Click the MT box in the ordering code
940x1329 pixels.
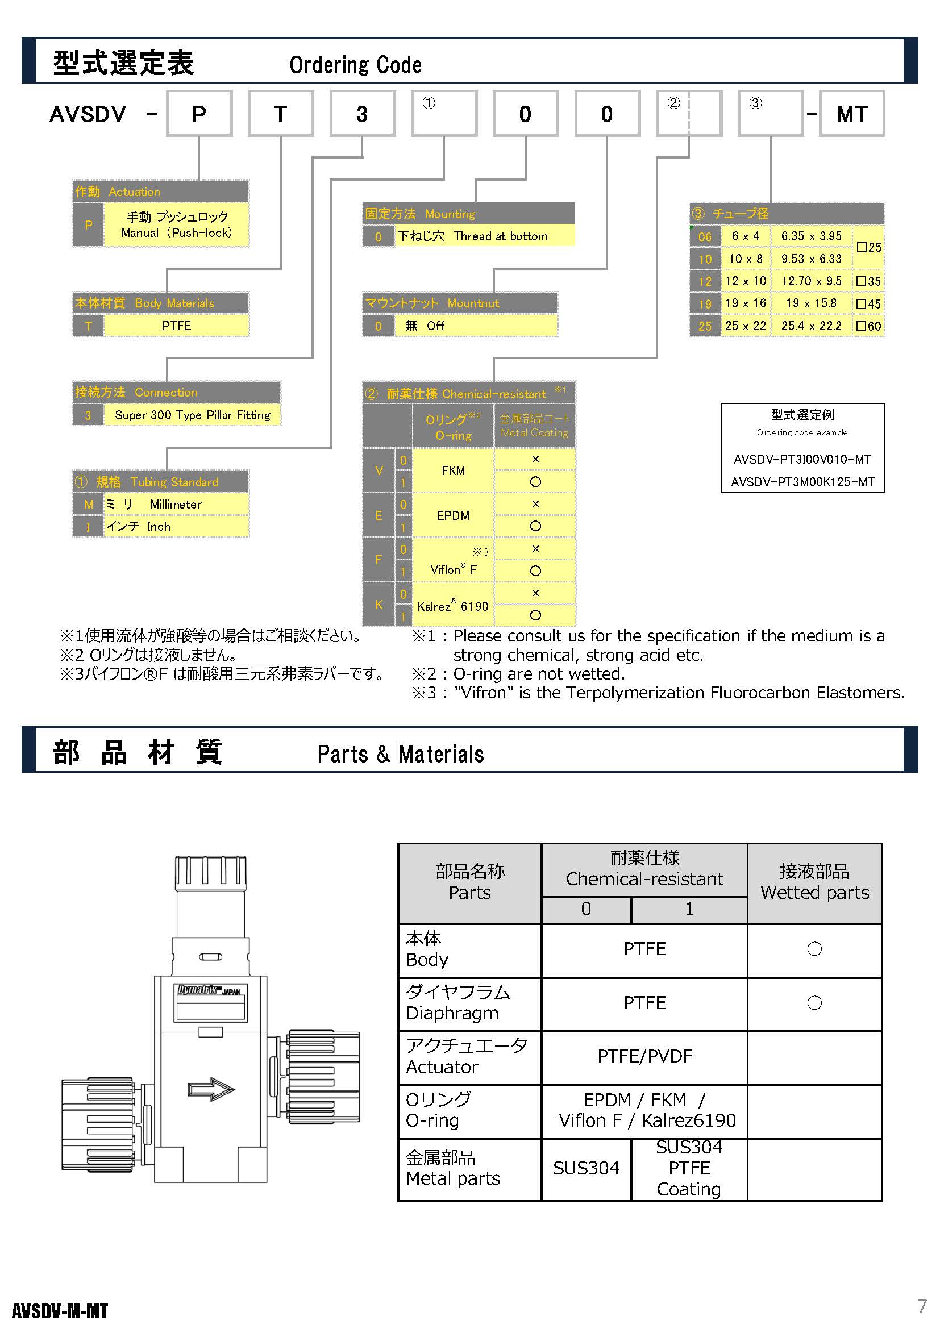pyautogui.click(x=851, y=114)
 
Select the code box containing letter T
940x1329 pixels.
pyautogui.click(x=281, y=114)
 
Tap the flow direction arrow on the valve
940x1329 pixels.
pyautogui.click(x=211, y=1089)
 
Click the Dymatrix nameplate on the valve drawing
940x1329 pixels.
pyautogui.click(x=211, y=1002)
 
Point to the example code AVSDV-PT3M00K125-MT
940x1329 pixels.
pyautogui.click(x=802, y=482)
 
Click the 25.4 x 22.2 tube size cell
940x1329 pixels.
pyautogui.click(x=811, y=326)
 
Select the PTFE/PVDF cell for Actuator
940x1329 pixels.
pyautogui.click(x=644, y=1056)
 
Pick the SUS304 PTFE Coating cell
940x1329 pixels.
pyautogui.click(x=689, y=1168)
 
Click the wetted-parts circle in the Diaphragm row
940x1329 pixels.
pyautogui.click(x=814, y=1003)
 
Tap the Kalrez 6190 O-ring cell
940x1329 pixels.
pyautogui.click(x=452, y=606)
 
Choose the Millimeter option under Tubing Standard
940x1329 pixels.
pyautogui.click(x=176, y=504)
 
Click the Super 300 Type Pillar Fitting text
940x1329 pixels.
pyautogui.click(x=192, y=415)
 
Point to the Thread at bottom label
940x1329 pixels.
pyautogui.click(x=500, y=236)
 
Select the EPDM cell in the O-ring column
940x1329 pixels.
pyautogui.click(x=452, y=515)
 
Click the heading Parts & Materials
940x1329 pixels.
pyautogui.click(x=401, y=754)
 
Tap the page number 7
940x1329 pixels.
pyautogui.click(x=922, y=1306)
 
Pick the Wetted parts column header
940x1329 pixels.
pyautogui.click(x=814, y=882)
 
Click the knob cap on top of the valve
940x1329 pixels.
pyautogui.click(x=211, y=873)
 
